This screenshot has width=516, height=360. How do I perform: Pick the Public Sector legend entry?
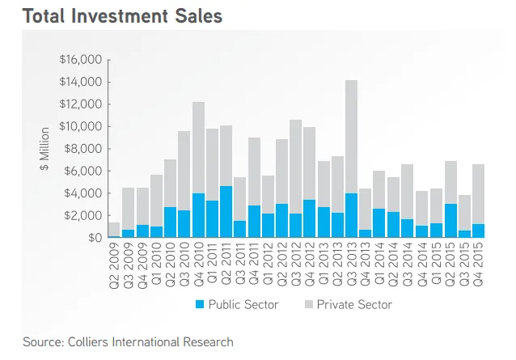[239, 304]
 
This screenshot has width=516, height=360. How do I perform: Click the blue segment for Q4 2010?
[198, 215]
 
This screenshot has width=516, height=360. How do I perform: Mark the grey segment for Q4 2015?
[478, 194]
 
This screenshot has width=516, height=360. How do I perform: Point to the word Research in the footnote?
[205, 341]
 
